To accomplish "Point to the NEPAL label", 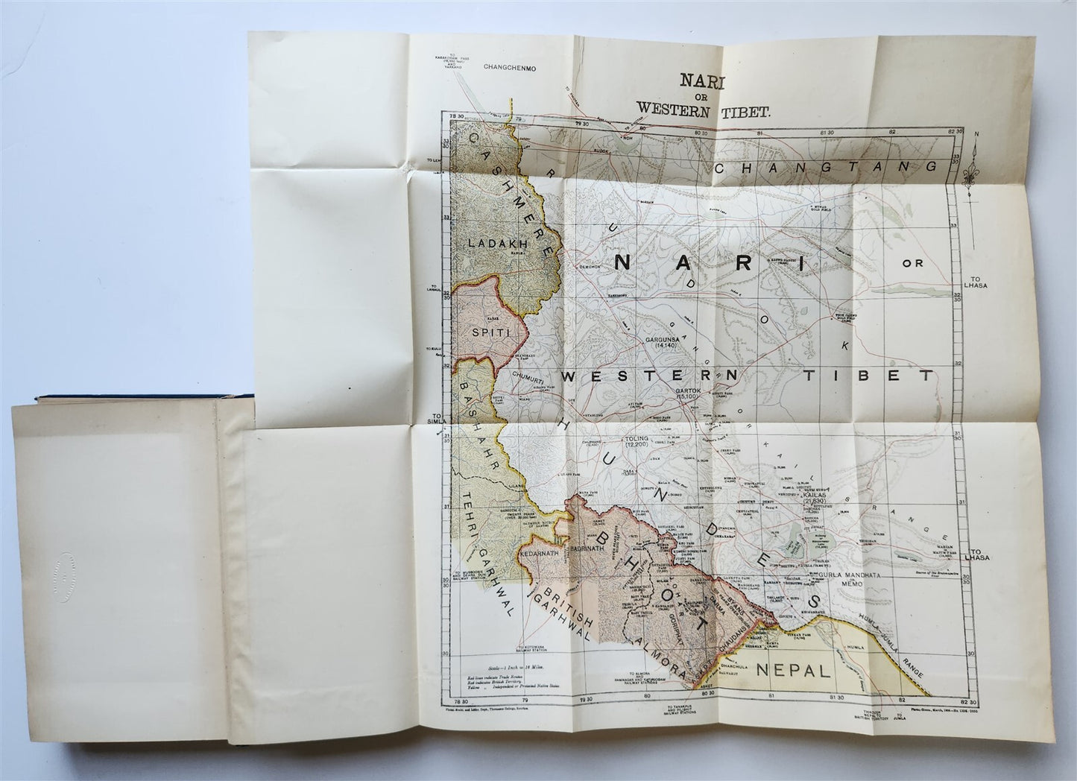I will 793,670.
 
